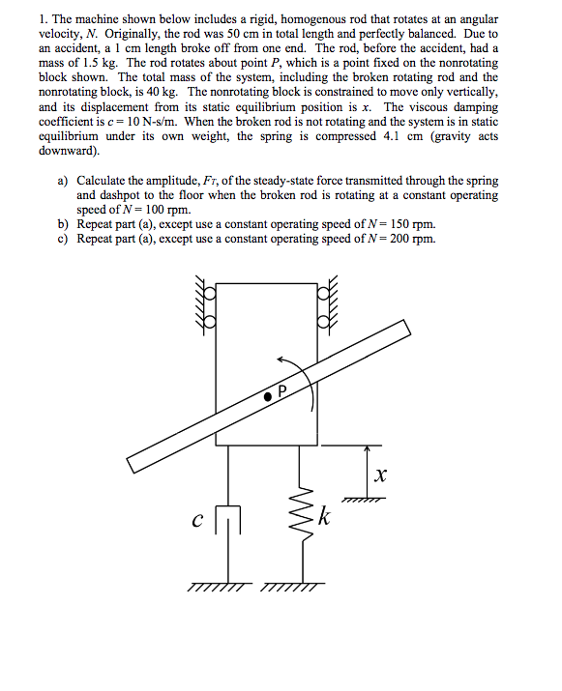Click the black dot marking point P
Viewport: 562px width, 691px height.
point(266,396)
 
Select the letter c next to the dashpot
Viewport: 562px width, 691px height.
point(196,522)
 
